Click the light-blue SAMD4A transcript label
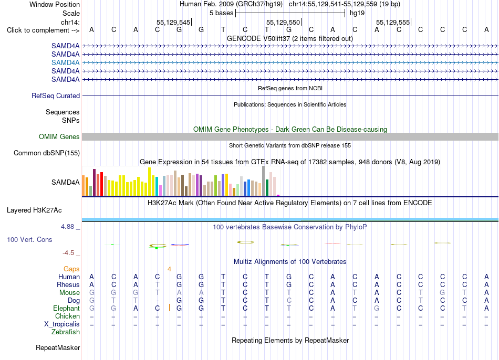click(x=65, y=62)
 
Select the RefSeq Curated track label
click(x=56, y=96)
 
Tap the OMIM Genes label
click(x=59, y=137)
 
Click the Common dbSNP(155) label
click(x=47, y=153)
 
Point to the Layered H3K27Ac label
click(x=34, y=210)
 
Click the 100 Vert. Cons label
click(x=29, y=239)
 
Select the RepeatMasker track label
click(x=58, y=347)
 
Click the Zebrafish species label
click(x=66, y=332)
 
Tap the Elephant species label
click(x=67, y=308)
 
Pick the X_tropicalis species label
click(x=62, y=324)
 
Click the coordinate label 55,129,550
click(x=283, y=22)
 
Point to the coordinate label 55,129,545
click(x=173, y=22)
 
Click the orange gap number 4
click(x=169, y=269)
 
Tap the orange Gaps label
click(x=71, y=269)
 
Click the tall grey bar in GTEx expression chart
click(x=264, y=181)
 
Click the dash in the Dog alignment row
click(x=158, y=301)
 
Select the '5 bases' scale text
click(x=222, y=13)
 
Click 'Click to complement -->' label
click(x=43, y=30)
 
